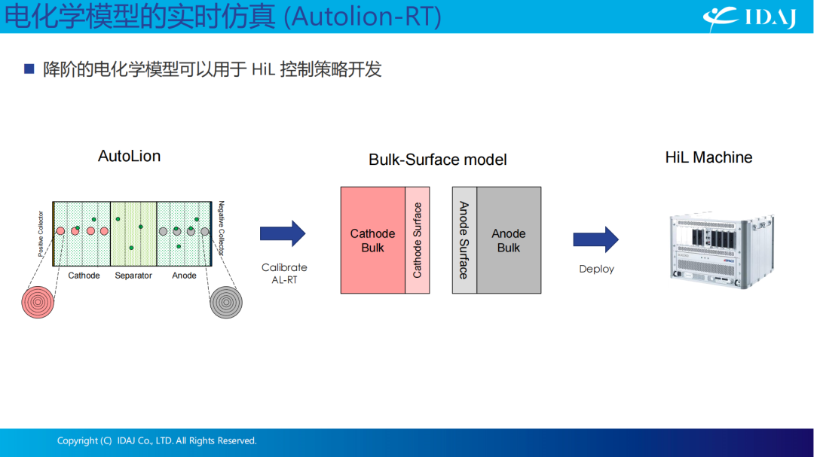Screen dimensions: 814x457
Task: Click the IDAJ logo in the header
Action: (749, 17)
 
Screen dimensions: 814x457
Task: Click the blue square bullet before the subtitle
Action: (29, 69)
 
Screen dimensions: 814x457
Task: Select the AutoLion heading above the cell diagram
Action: (130, 156)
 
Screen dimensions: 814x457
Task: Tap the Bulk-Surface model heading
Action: (438, 160)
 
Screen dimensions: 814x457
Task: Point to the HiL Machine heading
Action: (708, 157)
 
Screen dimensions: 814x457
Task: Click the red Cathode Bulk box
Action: (373, 240)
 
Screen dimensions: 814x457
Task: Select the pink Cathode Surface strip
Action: (418, 240)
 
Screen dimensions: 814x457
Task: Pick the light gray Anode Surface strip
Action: (464, 240)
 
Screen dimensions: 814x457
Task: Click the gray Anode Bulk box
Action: (509, 240)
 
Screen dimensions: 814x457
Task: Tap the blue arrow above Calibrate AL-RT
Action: (283, 233)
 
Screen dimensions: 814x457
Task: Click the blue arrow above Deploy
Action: (596, 239)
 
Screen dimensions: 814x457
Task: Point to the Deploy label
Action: (596, 269)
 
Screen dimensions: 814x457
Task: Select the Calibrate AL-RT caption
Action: (284, 273)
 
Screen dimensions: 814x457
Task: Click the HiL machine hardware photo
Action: (722, 250)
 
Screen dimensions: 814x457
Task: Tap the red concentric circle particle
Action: (38, 302)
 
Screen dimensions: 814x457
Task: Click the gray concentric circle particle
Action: (226, 302)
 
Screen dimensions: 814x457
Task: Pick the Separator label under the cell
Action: (133, 276)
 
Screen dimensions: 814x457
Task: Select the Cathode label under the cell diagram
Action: (84, 276)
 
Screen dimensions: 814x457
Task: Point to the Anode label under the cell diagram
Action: (185, 276)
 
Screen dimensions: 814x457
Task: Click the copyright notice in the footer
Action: (157, 440)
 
